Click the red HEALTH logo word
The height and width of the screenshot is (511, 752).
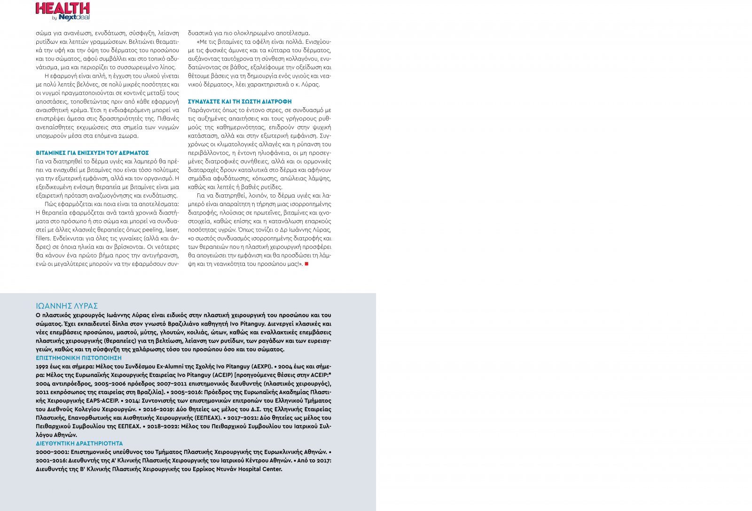click(x=63, y=8)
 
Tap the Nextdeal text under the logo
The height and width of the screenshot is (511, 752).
click(x=74, y=17)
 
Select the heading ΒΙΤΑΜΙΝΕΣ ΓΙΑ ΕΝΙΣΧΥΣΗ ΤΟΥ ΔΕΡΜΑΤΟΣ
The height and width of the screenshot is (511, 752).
click(x=92, y=153)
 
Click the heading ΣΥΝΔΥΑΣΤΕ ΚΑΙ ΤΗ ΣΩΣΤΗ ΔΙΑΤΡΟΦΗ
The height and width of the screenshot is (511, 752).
click(x=240, y=102)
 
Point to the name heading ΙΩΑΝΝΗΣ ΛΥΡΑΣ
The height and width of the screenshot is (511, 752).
click(x=67, y=306)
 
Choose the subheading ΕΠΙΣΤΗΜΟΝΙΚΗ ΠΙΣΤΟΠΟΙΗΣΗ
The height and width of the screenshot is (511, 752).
click(x=78, y=358)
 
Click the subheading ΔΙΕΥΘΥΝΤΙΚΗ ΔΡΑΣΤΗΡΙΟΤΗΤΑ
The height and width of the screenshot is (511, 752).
click(x=79, y=443)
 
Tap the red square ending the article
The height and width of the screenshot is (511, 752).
click(x=306, y=264)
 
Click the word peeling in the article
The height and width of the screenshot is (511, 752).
click(x=151, y=230)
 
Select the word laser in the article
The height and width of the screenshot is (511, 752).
click(x=172, y=230)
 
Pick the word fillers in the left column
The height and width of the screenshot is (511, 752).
click(x=43, y=238)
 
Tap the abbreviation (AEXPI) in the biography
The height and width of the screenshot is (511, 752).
click(x=261, y=367)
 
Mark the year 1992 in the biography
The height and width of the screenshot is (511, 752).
click(x=42, y=367)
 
